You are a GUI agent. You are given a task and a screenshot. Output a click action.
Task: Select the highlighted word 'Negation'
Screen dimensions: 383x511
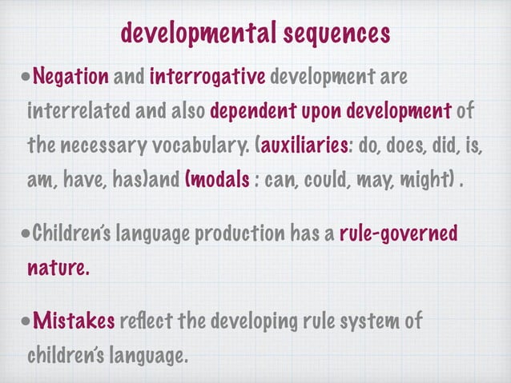pyautogui.click(x=71, y=78)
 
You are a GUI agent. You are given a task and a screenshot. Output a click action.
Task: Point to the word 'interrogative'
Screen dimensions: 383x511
pyautogui.click(x=207, y=78)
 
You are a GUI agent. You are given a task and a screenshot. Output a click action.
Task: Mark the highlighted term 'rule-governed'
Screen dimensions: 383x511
pyautogui.click(x=398, y=235)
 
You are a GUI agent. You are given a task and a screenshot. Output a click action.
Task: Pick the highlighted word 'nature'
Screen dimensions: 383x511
pyautogui.click(x=55, y=268)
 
